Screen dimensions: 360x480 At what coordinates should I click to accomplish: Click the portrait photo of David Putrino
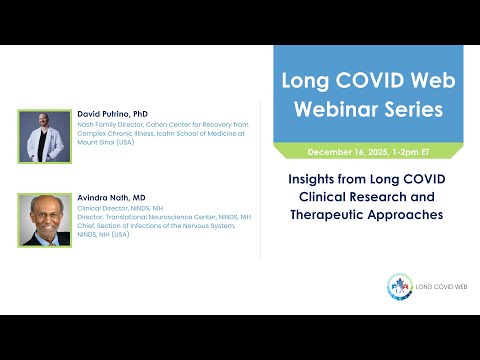(x=41, y=136)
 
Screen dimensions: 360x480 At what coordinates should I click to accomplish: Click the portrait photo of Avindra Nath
(x=41, y=219)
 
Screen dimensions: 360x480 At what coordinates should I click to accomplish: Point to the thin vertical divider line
(x=261, y=180)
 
